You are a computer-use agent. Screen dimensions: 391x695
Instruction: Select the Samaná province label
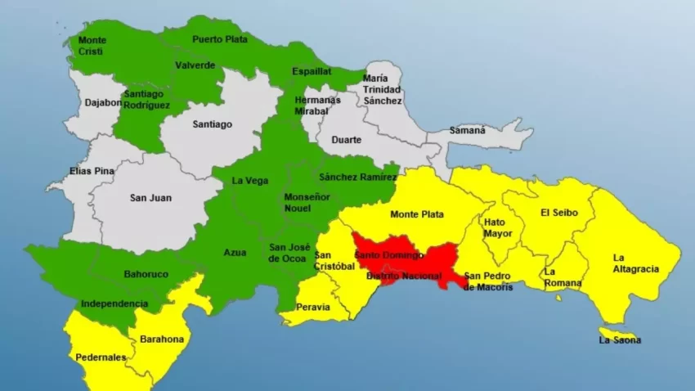point(467,130)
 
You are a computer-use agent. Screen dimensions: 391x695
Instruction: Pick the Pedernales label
point(101,357)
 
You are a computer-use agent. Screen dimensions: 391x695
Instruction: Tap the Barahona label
point(162,339)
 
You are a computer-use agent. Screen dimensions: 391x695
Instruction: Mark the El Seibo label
point(559,213)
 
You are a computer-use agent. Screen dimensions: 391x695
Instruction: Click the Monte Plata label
point(417,214)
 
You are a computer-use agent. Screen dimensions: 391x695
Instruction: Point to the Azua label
point(235,253)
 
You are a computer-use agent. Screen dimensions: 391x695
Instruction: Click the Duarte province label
point(347,140)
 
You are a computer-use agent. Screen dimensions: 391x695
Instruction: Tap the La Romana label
point(563,277)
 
